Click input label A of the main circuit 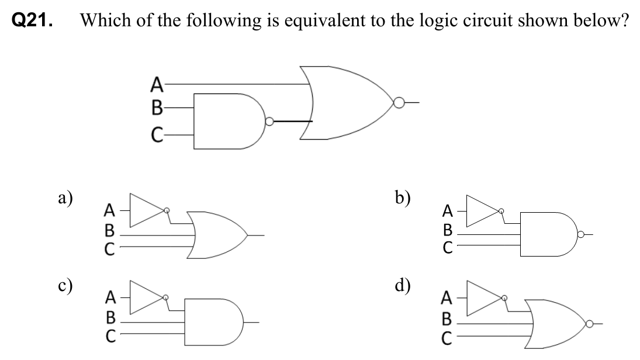point(156,85)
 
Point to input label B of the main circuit point(156,108)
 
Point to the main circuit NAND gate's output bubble point(269,122)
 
